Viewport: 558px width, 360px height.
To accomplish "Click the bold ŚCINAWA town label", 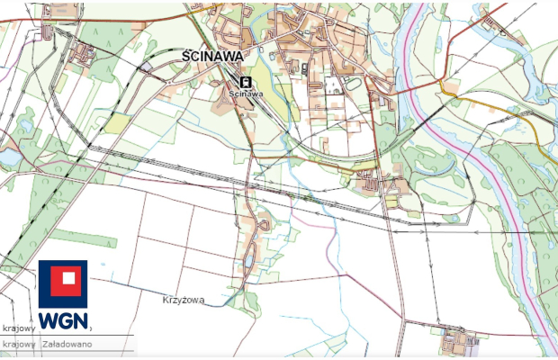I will tap(212, 56).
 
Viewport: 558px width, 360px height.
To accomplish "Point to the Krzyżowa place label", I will tap(184, 298).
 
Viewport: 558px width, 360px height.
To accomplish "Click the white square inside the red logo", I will tap(63, 283).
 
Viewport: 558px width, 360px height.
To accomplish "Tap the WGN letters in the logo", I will tap(63, 319).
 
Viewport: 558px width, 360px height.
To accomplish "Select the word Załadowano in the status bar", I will tap(73, 344).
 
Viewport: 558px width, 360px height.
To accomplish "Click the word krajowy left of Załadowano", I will tap(18, 344).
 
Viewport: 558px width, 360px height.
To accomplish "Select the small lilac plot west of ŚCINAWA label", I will tap(147, 66).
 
